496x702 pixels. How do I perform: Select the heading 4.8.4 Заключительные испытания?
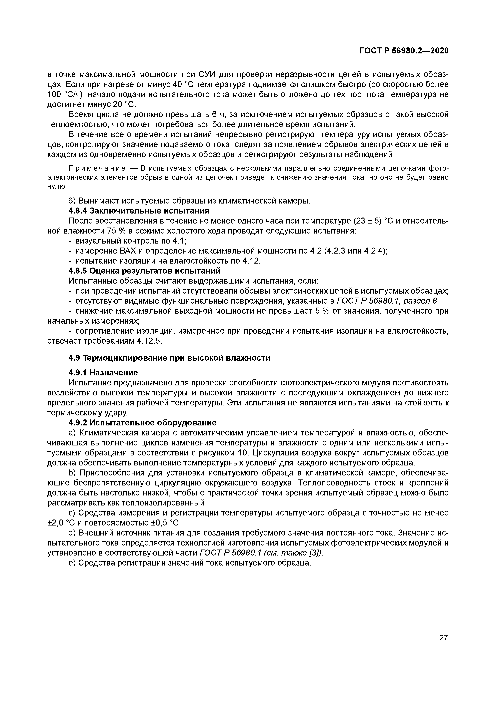tap(139, 211)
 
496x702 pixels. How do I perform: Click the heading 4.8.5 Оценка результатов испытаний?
tap(144, 271)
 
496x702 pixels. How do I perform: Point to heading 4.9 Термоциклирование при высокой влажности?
tap(169, 358)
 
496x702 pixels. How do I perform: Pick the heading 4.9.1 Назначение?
tap(103, 373)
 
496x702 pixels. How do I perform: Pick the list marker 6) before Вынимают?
tap(72, 201)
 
